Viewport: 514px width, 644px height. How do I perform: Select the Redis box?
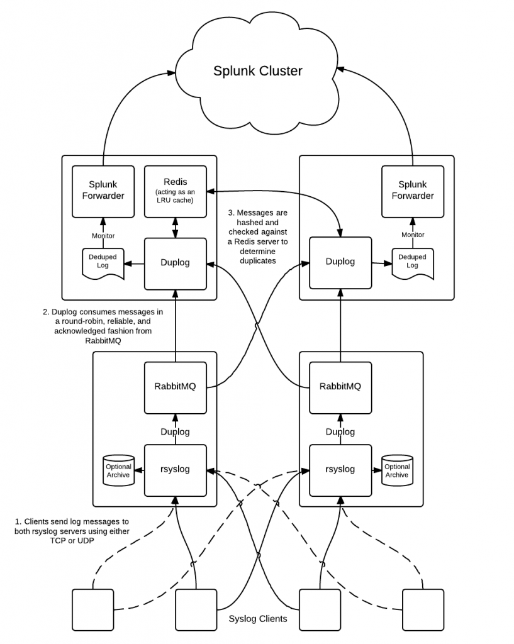pos(176,191)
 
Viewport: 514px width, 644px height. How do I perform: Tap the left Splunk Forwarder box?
pos(103,191)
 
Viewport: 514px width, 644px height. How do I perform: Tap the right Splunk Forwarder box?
pos(413,191)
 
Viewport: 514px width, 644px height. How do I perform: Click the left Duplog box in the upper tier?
pos(176,263)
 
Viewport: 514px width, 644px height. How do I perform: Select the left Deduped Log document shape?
pos(103,262)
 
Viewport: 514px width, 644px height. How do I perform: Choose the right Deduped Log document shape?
pos(413,262)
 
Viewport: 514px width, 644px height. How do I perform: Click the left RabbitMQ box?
pos(176,387)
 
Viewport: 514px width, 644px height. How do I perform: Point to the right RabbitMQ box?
pos(340,387)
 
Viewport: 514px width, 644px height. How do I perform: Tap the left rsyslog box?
pos(176,469)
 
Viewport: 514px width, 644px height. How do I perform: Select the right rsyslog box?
pos(340,469)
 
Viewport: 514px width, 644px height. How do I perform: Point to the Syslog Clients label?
pos(257,618)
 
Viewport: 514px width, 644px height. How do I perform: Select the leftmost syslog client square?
pos(93,609)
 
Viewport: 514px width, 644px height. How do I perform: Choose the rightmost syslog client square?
pos(423,609)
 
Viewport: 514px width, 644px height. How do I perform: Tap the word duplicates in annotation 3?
pos(257,260)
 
